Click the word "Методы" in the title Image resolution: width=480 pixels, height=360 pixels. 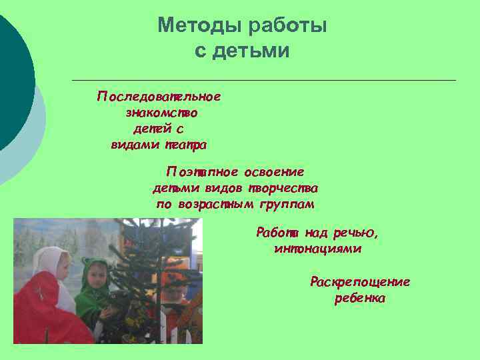coord(199,26)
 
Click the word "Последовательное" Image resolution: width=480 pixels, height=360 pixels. coord(159,97)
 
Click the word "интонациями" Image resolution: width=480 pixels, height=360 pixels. coord(317,249)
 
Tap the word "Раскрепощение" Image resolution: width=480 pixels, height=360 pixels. coord(360,282)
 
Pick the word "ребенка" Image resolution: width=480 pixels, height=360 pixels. coord(360,298)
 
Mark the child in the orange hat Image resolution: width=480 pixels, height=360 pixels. coord(175,287)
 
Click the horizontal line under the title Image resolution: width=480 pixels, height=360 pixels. coord(263,80)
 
